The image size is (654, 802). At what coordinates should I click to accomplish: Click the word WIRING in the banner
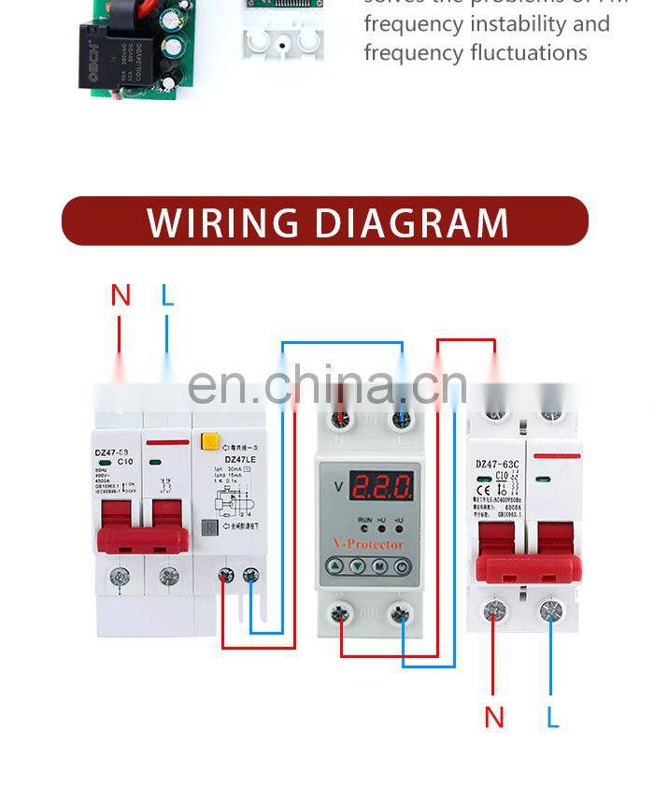click(223, 222)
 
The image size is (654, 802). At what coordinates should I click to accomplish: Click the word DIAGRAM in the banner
click(411, 222)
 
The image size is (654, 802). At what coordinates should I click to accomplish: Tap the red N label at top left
click(121, 295)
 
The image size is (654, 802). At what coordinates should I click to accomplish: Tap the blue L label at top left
click(167, 295)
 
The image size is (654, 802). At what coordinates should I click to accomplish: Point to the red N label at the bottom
click(494, 718)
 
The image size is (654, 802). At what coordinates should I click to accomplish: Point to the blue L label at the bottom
click(553, 718)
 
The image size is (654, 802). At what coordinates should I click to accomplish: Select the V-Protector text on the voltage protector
click(368, 544)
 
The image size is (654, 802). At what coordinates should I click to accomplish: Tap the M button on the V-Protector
click(379, 566)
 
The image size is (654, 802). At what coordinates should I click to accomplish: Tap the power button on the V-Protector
click(401, 566)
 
